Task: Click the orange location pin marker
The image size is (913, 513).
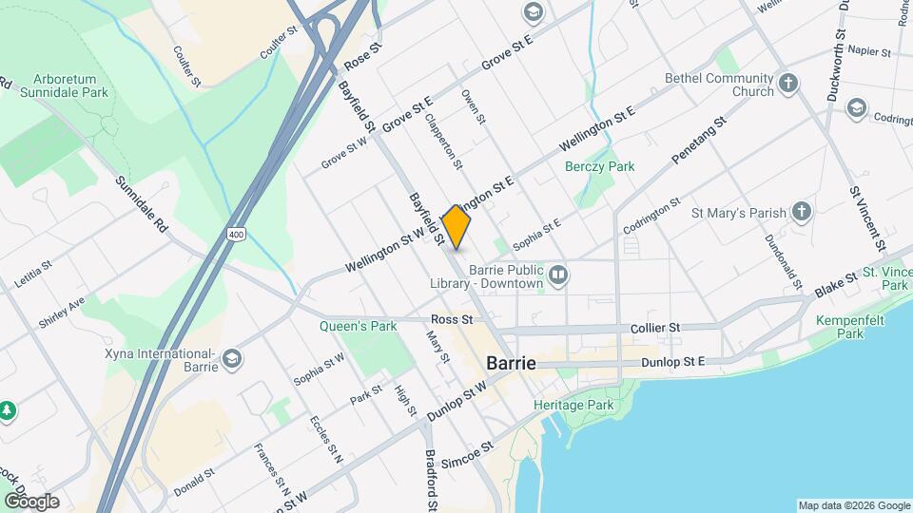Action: pyautogui.click(x=456, y=226)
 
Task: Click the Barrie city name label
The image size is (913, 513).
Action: pyautogui.click(x=512, y=363)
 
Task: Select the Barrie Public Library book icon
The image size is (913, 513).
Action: pyautogui.click(x=558, y=276)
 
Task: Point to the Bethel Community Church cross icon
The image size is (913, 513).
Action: pyautogui.click(x=787, y=84)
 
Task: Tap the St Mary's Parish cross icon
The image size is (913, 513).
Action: pyautogui.click(x=802, y=212)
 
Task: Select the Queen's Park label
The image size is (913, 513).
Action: pyautogui.click(x=358, y=327)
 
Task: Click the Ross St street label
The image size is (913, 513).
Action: pyautogui.click(x=452, y=320)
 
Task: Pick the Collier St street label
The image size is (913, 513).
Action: pyautogui.click(x=655, y=328)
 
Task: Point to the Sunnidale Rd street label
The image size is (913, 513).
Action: pyautogui.click(x=141, y=204)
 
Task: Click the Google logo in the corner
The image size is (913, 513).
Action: pyautogui.click(x=31, y=501)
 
